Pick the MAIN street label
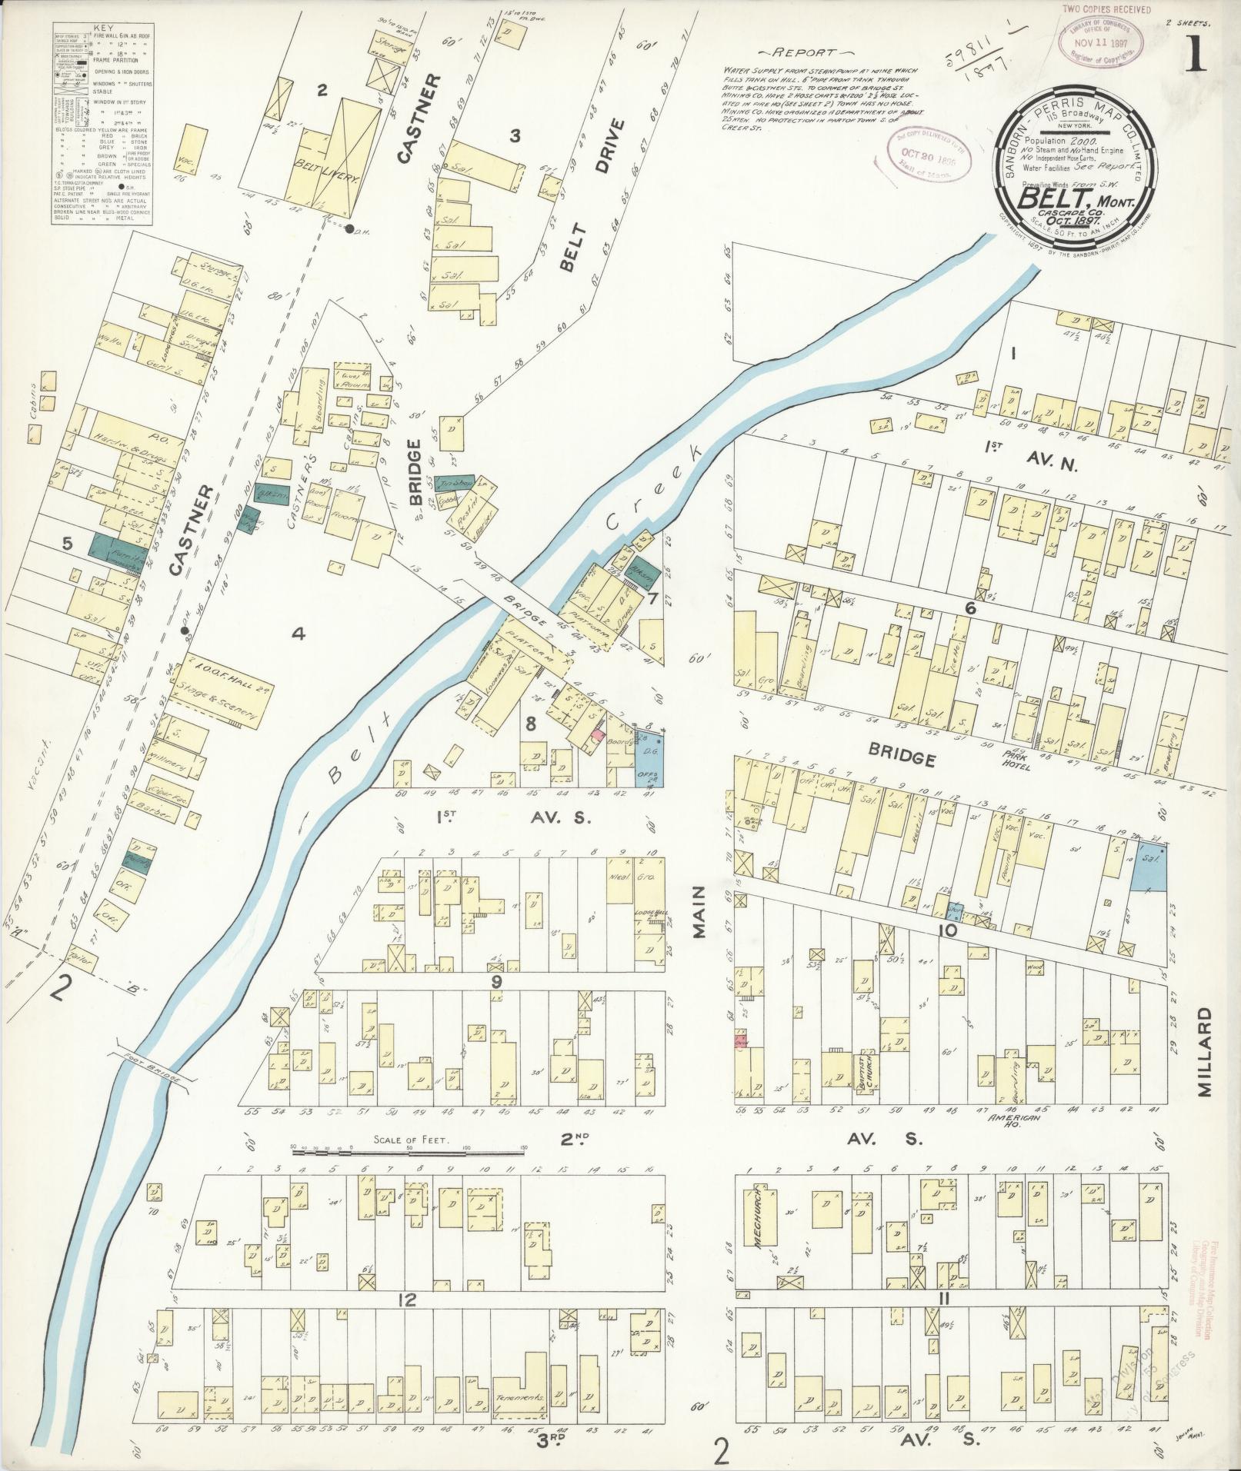pos(699,912)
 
